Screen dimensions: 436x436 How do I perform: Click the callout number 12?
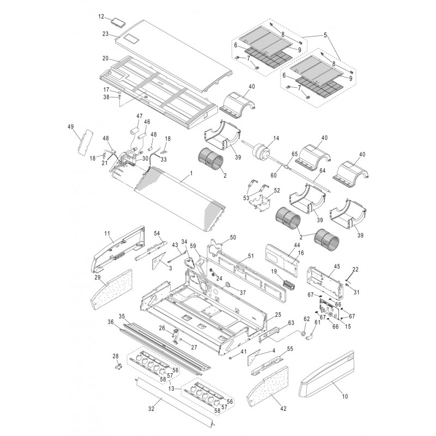tap(101, 17)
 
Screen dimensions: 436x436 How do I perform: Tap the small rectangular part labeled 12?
tap(118, 22)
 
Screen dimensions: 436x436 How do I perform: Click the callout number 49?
tap(70, 126)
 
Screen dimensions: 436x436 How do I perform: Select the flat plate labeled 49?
tap(87, 143)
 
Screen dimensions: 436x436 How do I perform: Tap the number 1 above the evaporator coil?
tap(191, 173)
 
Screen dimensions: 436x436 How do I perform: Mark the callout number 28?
tap(114, 356)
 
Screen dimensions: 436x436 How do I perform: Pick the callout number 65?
tap(294, 155)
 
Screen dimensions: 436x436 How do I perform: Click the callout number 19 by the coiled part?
tap(275, 271)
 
